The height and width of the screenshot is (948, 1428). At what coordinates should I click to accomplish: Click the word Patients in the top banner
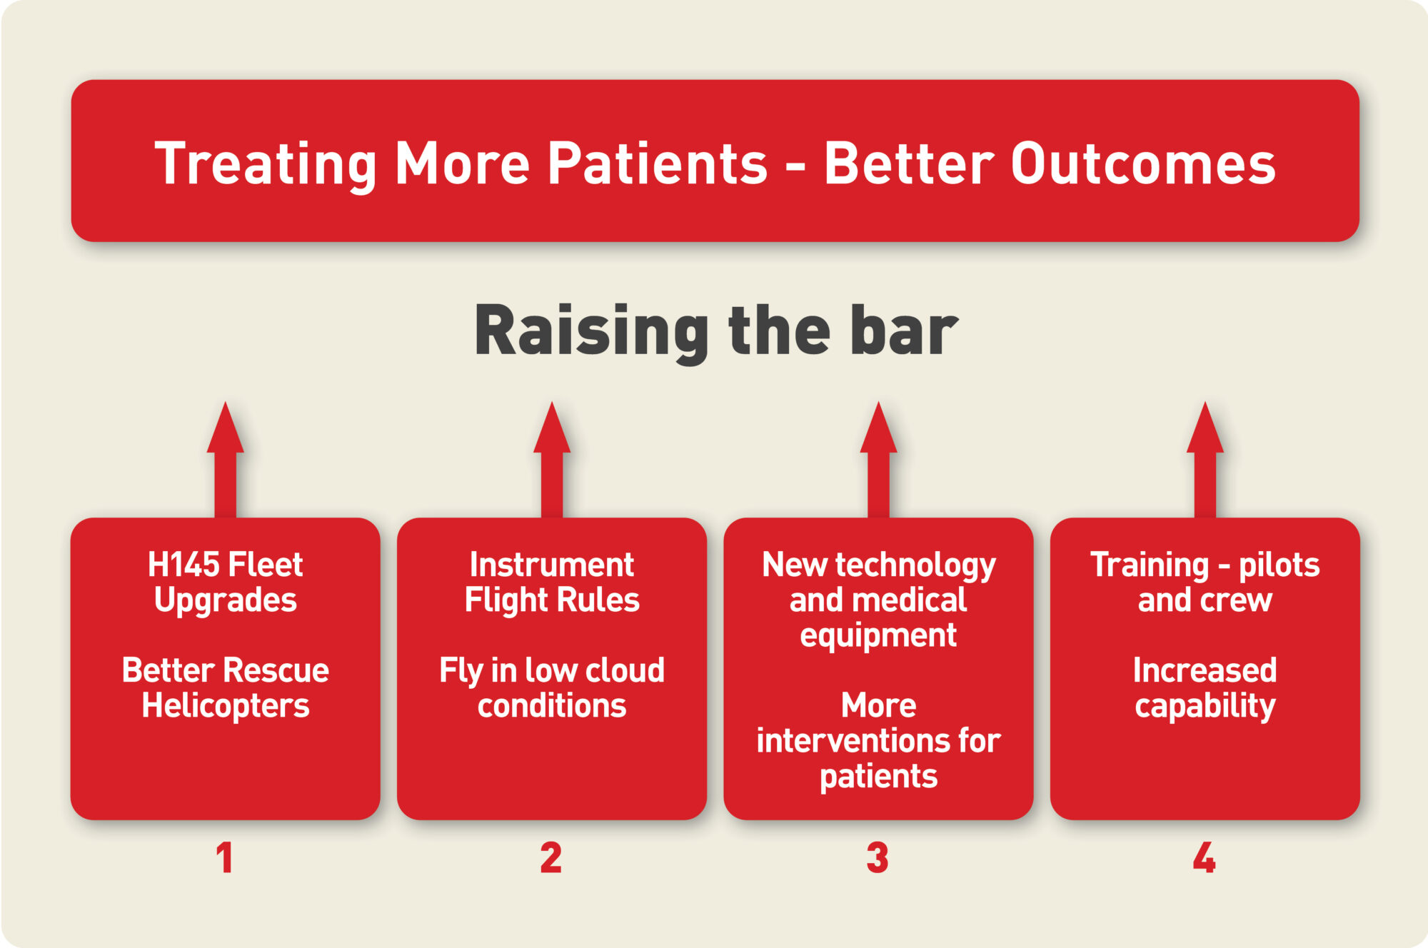point(658,163)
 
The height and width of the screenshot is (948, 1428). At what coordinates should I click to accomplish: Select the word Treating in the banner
point(266,165)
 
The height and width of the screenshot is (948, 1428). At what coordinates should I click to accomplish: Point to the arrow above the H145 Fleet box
point(226,460)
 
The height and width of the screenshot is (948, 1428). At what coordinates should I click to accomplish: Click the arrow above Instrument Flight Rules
point(552,460)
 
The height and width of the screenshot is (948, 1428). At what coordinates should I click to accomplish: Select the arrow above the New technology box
point(878,460)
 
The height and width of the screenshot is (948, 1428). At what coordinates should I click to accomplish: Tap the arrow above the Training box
point(1205,460)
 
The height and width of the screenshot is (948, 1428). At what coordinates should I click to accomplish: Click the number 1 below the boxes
point(224,857)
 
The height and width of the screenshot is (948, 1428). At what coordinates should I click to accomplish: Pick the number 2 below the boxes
point(550,857)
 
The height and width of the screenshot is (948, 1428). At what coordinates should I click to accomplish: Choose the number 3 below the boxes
point(878,857)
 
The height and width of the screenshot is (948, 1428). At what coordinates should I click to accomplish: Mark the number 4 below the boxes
point(1205,857)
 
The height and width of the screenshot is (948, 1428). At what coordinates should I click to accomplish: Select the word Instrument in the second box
point(552,565)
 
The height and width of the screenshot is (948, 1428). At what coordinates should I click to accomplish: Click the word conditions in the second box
point(552,706)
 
